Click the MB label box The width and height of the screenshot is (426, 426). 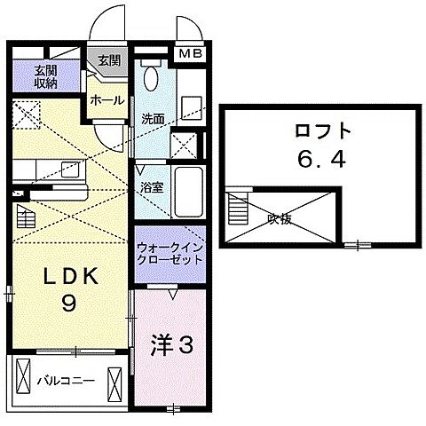(191, 56)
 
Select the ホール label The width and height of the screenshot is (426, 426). (106, 101)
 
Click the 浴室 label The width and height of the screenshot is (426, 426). (151, 187)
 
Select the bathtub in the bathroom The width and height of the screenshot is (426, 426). (187, 188)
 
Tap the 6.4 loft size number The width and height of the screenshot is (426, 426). (319, 162)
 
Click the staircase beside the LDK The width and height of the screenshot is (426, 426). (25, 217)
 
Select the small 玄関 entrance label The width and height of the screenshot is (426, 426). (108, 60)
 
